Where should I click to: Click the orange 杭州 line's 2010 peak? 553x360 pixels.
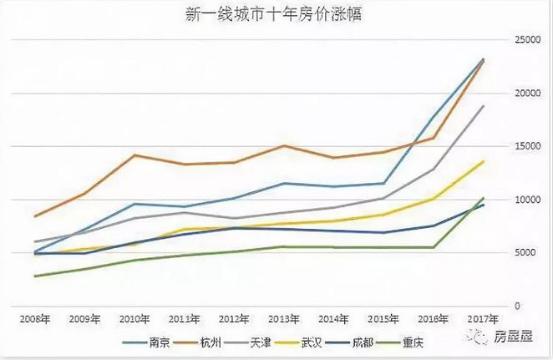pyautogui.click(x=134, y=155)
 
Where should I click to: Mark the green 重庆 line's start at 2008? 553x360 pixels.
pyautogui.click(x=35, y=276)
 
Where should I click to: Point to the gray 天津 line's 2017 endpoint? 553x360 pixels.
pyautogui.click(x=483, y=106)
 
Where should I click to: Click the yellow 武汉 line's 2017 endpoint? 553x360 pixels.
pyautogui.click(x=483, y=161)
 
